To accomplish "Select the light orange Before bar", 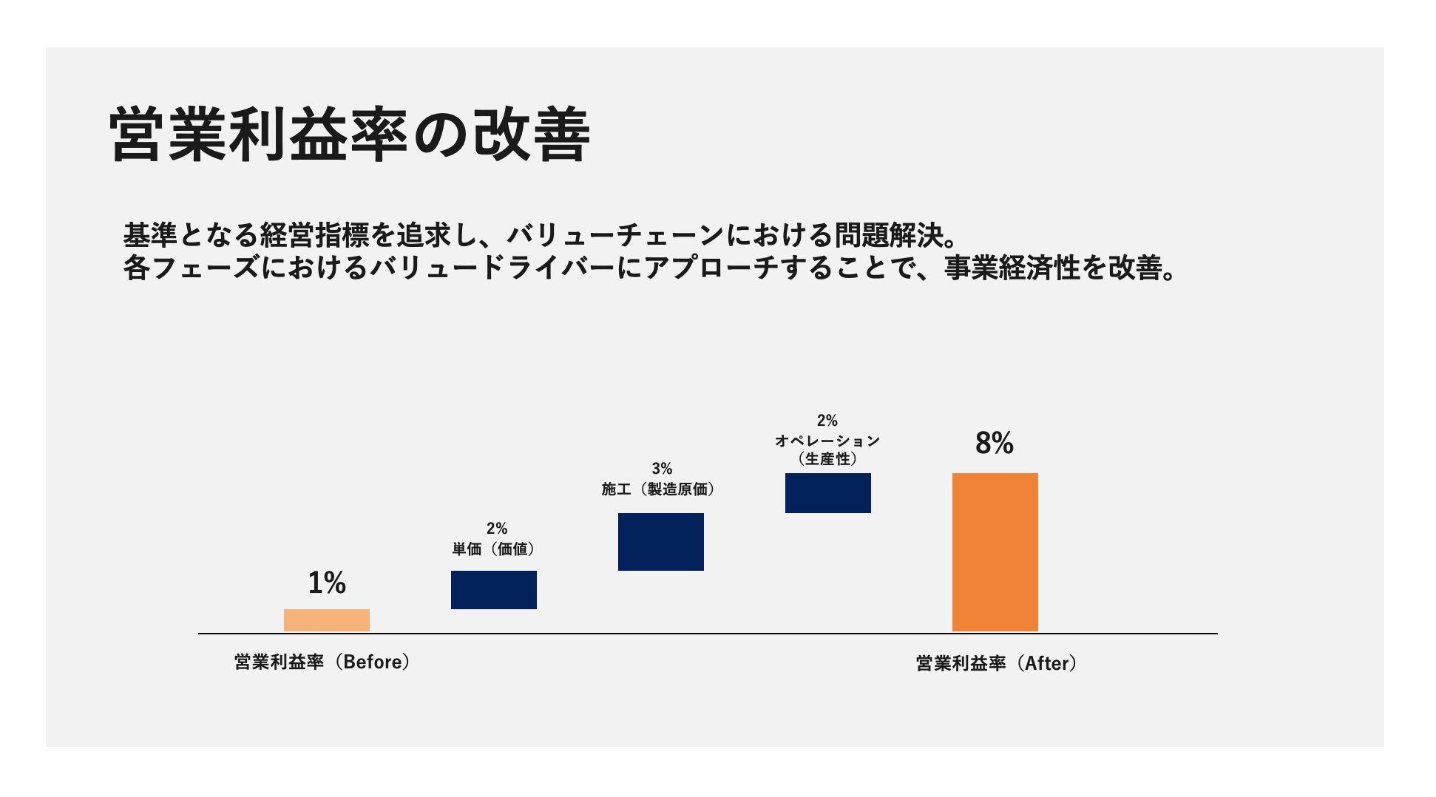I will [x=326, y=620].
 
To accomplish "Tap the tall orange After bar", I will [x=995, y=552].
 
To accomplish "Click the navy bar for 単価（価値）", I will [x=493, y=590].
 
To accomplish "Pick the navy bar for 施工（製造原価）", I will [x=660, y=542].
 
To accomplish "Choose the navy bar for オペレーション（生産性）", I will [x=827, y=493].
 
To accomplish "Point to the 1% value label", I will [x=326, y=583].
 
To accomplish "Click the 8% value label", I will [x=994, y=443].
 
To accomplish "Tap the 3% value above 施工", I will [x=661, y=469].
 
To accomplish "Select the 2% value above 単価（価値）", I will [x=496, y=529].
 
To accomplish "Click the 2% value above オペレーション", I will [x=827, y=421].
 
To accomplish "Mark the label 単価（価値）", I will [x=493, y=549].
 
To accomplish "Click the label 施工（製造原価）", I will [x=658, y=489].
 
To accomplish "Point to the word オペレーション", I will [x=827, y=441].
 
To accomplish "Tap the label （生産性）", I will [x=827, y=459].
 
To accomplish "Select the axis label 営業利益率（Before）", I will [x=322, y=662].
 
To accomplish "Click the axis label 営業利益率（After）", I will [x=996, y=663].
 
